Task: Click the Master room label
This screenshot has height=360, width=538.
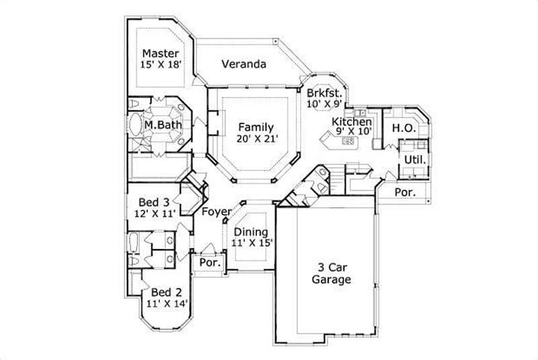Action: pyautogui.click(x=160, y=53)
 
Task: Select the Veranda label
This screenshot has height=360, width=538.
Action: pyautogui.click(x=243, y=65)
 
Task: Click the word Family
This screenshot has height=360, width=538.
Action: pyautogui.click(x=255, y=127)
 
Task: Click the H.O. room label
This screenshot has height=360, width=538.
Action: pyautogui.click(x=402, y=127)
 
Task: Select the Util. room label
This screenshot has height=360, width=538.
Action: pyautogui.click(x=413, y=159)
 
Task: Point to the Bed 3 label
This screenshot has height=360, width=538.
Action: pyautogui.click(x=153, y=202)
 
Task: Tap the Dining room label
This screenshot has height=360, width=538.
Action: pyautogui.click(x=251, y=232)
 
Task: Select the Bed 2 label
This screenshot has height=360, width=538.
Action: pyautogui.click(x=165, y=292)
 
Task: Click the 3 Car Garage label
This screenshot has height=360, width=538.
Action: pyautogui.click(x=330, y=273)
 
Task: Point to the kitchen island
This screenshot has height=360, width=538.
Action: pyautogui.click(x=340, y=141)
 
